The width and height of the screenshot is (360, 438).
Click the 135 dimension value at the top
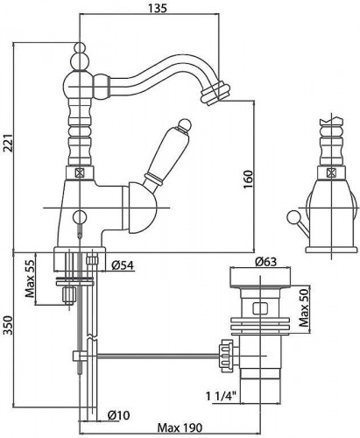(158, 8)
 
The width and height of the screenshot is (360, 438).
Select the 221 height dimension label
(9, 143)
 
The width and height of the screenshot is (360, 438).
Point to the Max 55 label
(30, 278)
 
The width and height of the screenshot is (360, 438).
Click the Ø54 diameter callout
(123, 265)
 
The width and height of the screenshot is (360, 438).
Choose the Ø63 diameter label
(265, 262)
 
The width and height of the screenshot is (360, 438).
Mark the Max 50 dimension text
(304, 307)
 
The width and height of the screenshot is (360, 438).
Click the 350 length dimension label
(9, 326)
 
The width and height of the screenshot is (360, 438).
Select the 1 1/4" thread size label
(221, 396)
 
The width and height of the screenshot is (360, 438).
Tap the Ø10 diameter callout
(118, 415)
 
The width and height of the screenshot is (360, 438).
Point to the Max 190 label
(180, 428)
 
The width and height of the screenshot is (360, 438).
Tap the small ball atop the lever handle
(185, 124)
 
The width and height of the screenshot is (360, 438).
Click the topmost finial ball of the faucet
(80, 47)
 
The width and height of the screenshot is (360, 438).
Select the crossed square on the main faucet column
(80, 173)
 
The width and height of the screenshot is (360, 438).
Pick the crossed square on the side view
(331, 173)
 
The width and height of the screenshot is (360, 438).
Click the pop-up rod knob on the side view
(292, 216)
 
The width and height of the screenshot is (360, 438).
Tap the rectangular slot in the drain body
(261, 308)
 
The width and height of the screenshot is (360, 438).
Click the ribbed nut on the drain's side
(227, 356)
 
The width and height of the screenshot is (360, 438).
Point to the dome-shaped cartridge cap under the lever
(139, 208)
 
